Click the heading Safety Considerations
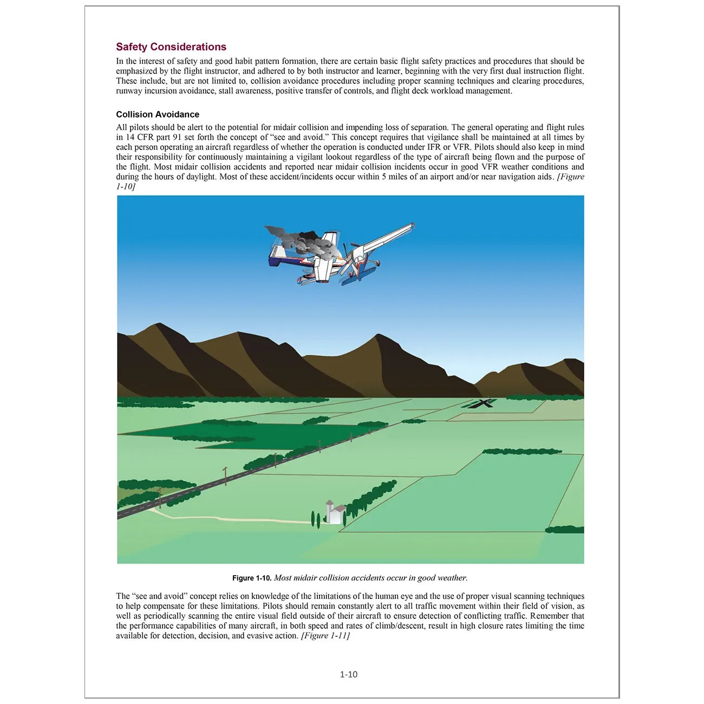[171, 47]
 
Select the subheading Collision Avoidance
[158, 114]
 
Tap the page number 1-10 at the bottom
[349, 674]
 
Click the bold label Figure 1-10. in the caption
[252, 578]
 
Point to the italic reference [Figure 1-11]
[325, 636]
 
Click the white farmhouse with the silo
[335, 513]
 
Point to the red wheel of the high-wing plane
[301, 280]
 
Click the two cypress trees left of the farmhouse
[316, 518]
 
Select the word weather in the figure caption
[451, 578]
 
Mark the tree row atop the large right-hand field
[522, 451]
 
